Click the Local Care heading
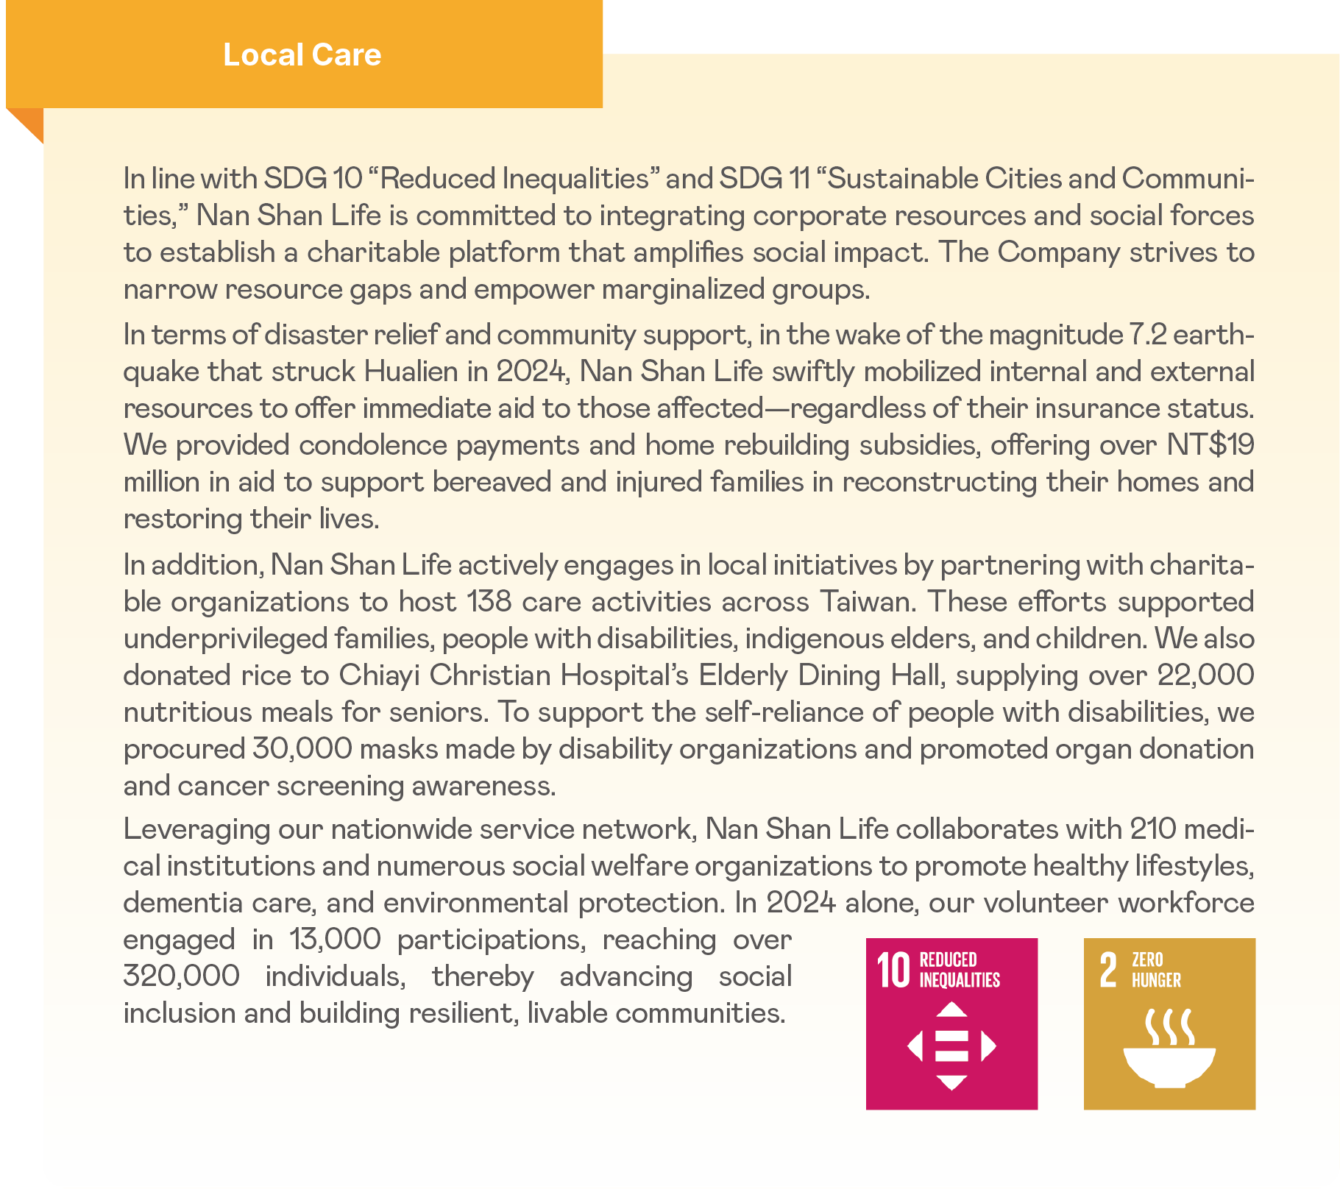(302, 55)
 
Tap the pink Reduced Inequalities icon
(951, 1024)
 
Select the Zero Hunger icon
(1169, 1024)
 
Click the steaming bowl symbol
(1169, 1049)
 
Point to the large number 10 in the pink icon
(894, 970)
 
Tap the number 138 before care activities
(489, 602)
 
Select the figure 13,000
(335, 940)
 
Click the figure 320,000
(181, 976)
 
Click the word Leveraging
(196, 829)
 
